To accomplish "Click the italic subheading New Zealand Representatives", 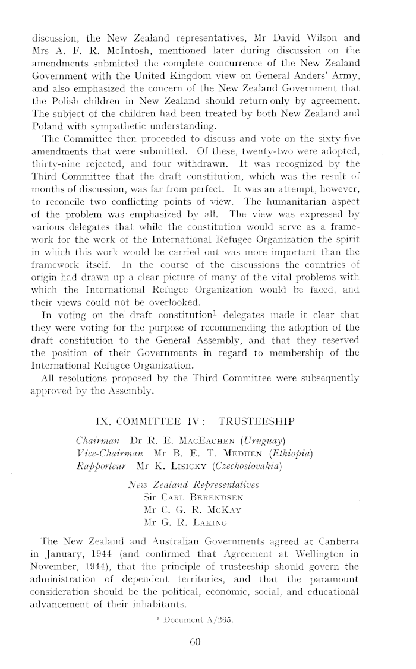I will point(190,484).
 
